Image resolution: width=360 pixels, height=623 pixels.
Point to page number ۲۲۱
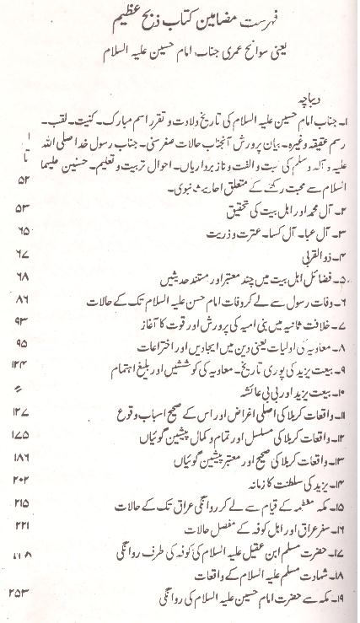19,548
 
